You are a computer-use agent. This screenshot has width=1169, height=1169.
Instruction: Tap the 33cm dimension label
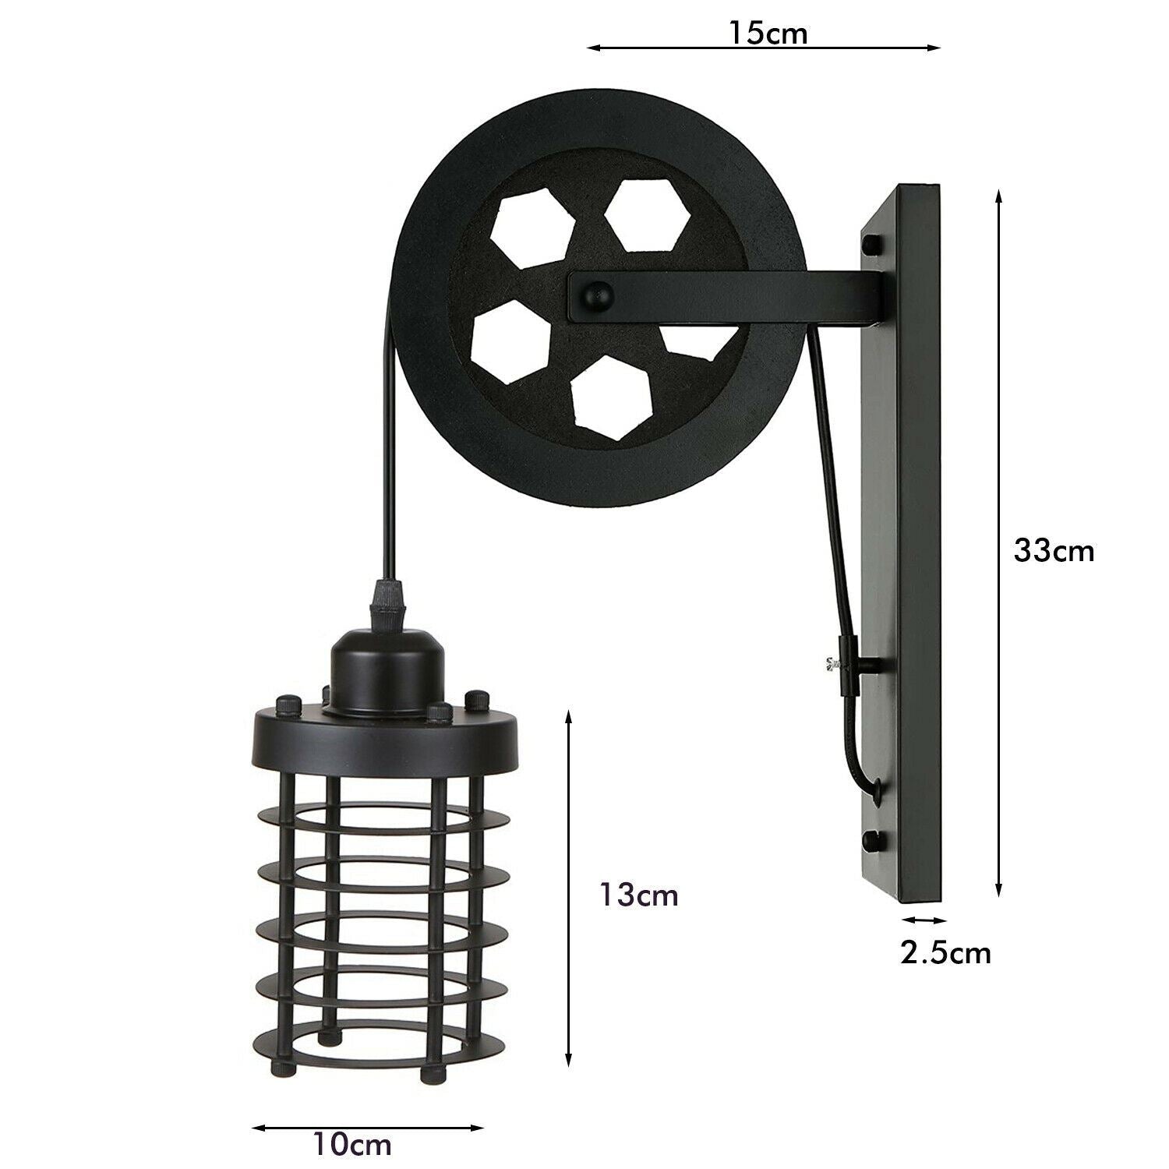(x=1054, y=550)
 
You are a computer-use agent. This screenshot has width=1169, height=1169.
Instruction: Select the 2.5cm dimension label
(x=946, y=952)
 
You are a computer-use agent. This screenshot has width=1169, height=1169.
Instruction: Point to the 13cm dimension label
(x=638, y=895)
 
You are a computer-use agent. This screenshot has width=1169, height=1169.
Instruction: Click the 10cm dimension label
(x=351, y=1145)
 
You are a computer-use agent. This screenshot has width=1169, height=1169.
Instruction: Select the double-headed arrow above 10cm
(x=369, y=1106)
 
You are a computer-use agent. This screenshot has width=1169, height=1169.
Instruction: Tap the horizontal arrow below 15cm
(x=764, y=49)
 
